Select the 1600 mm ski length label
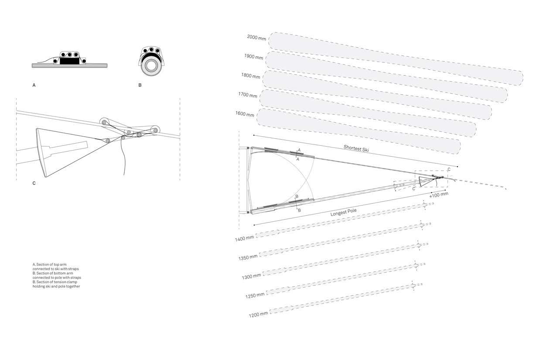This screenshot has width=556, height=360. tap(245, 114)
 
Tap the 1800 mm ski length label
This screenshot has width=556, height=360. tap(251, 76)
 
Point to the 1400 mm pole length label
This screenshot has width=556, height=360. tap(244, 238)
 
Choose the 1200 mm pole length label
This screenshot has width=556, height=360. tap(259, 315)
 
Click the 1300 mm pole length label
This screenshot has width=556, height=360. tap(252, 276)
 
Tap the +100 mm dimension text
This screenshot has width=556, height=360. tap(439, 195)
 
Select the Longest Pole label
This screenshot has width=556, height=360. tap(343, 213)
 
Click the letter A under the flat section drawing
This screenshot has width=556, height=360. tap(34, 85)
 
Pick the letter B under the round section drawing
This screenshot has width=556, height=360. tap(140, 85)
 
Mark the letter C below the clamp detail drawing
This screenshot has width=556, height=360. tap(34, 183)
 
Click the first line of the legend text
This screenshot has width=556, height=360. tap(49, 264)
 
